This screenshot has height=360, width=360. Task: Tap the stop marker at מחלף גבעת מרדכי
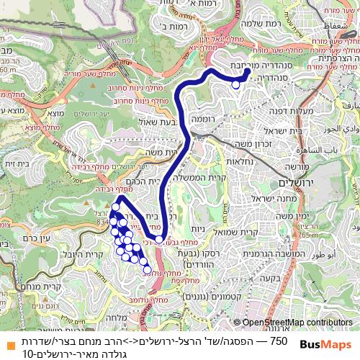pos(159,239)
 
